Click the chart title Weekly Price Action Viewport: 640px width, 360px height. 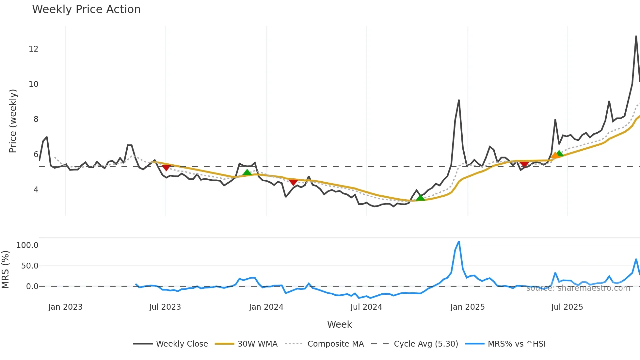pos(86,9)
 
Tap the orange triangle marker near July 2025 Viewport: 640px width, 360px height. pos(555,155)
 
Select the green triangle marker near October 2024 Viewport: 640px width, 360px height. pos(421,197)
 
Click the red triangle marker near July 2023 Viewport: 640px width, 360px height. pos(166,168)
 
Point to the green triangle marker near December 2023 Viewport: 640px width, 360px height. pos(247,172)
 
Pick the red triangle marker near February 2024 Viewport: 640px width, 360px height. pos(293,182)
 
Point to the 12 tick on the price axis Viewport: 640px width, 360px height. pos(33,49)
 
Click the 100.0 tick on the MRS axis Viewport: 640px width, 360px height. pos(27,245)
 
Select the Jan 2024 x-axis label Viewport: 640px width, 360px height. pos(266,307)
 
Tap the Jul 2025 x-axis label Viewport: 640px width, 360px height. pos(567,307)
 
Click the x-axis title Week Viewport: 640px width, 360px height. pos(339,324)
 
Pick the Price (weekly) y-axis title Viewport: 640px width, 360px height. pos(13,121)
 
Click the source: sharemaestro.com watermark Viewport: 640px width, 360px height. pos(578,288)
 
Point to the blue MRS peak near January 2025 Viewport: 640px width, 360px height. pos(459,242)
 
